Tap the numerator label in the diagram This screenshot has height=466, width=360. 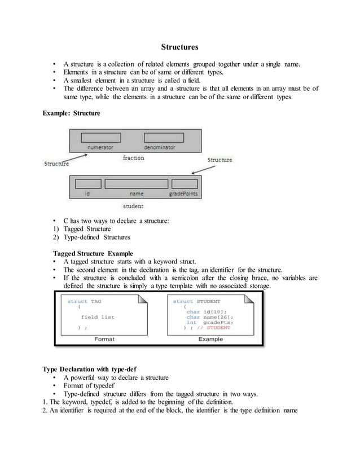104,147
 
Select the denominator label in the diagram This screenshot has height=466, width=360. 159,147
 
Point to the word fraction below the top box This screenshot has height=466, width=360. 134,158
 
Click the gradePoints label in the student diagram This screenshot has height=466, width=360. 184,194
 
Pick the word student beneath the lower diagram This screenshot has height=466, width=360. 134,206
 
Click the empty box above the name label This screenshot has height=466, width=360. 136,184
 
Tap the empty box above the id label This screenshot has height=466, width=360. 88,184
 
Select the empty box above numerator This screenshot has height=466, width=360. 104,137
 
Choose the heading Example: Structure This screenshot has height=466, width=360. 72,113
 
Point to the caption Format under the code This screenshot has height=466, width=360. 104,339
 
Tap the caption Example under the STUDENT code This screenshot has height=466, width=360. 210,339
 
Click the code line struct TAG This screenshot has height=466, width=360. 85,301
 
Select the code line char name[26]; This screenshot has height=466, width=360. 210,317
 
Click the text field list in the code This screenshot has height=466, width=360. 98,317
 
